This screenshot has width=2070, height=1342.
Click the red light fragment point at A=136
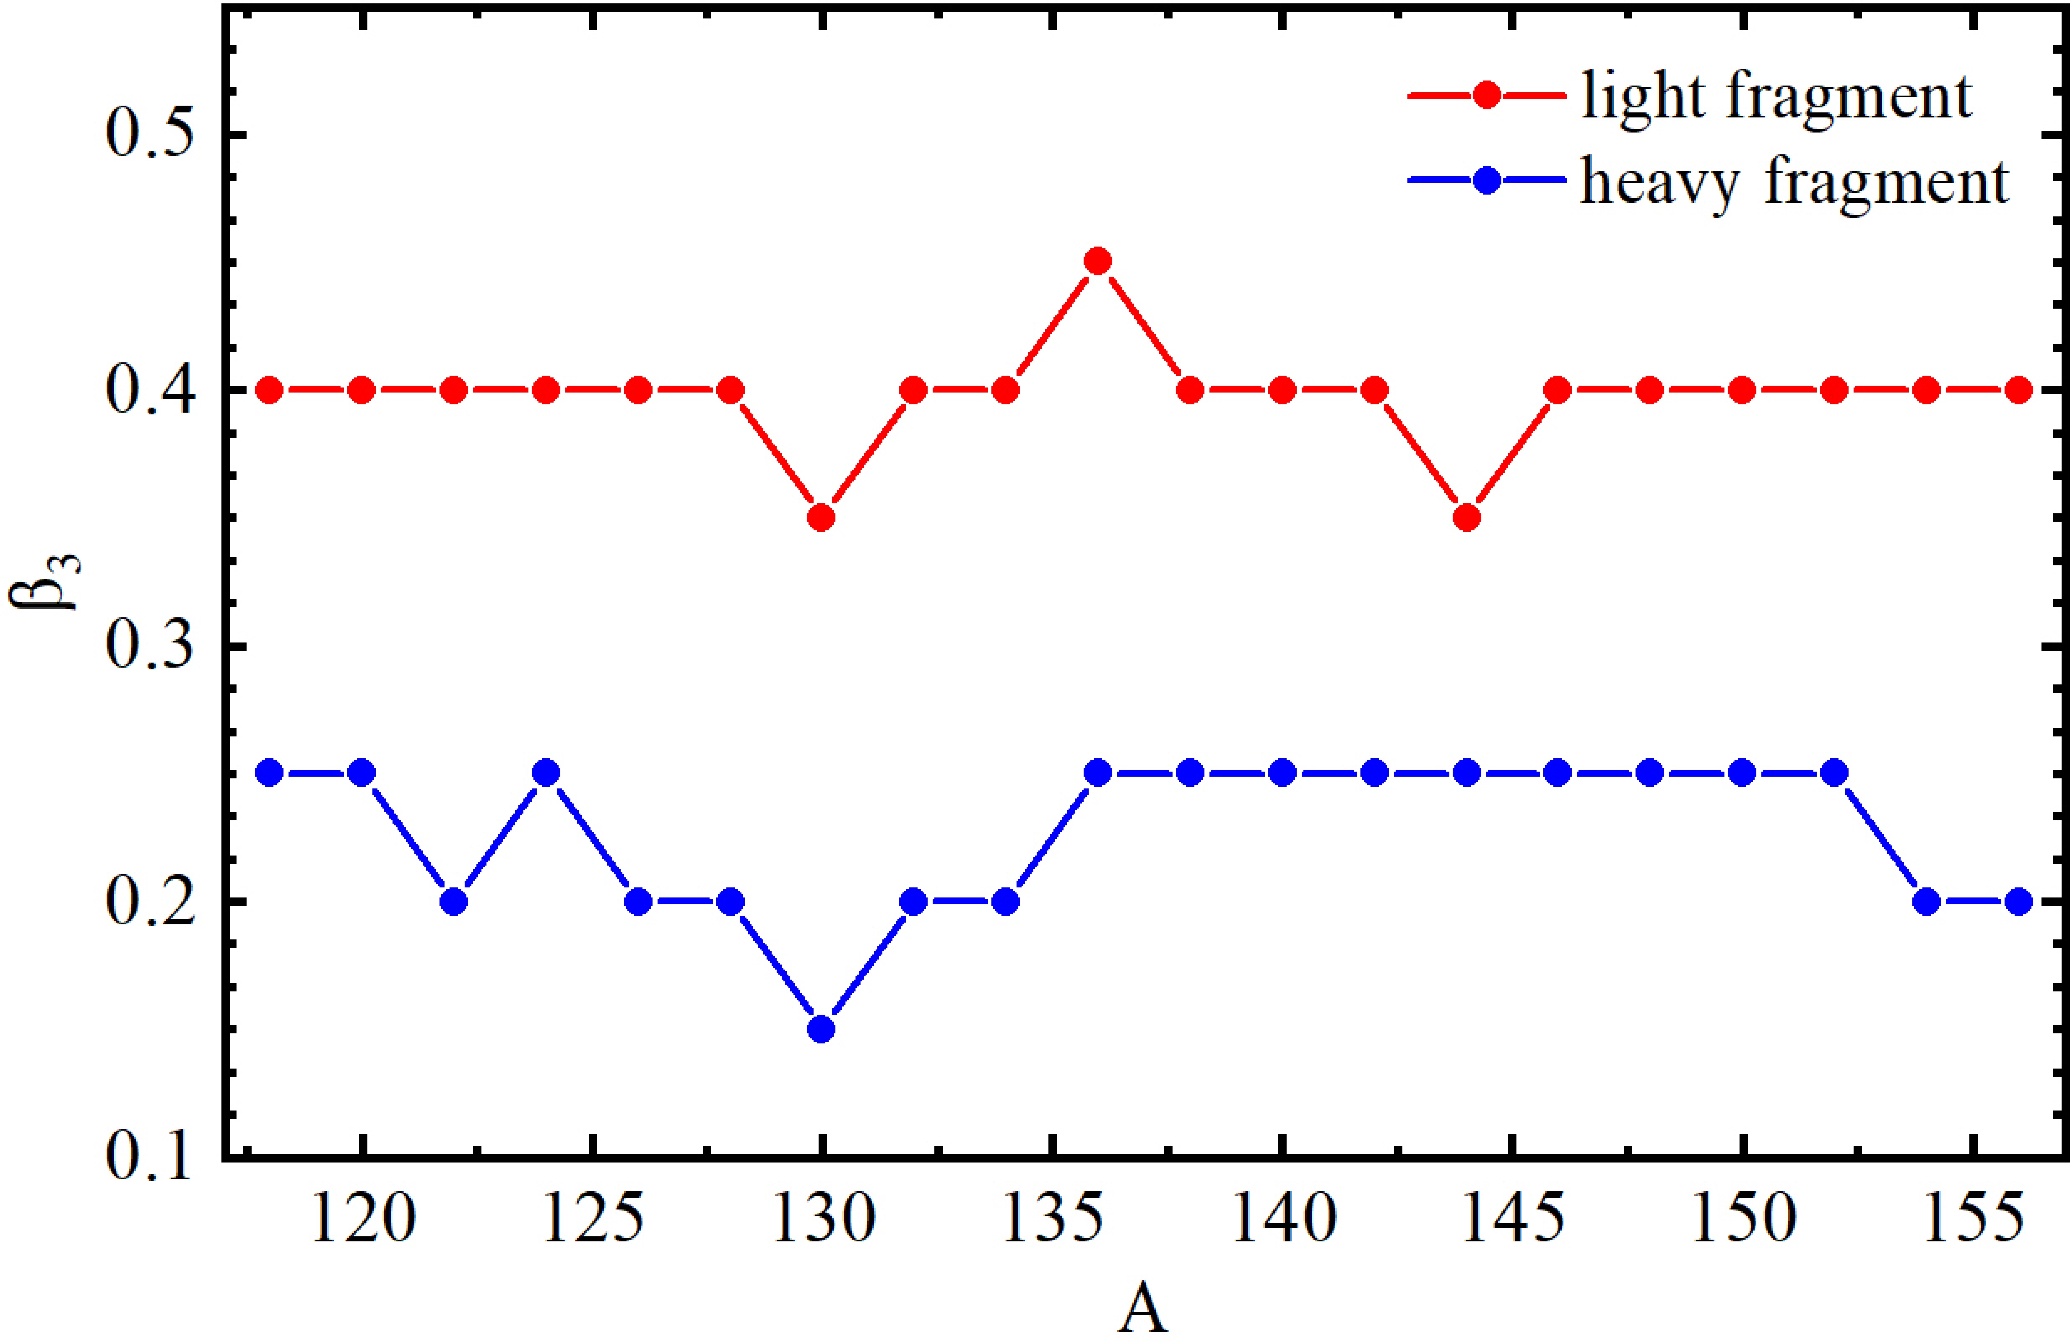(1097, 261)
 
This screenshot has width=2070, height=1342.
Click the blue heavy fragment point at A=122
(453, 902)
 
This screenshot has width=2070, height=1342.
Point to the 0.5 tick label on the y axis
(148, 135)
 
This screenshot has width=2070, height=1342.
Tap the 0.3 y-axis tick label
(148, 646)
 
